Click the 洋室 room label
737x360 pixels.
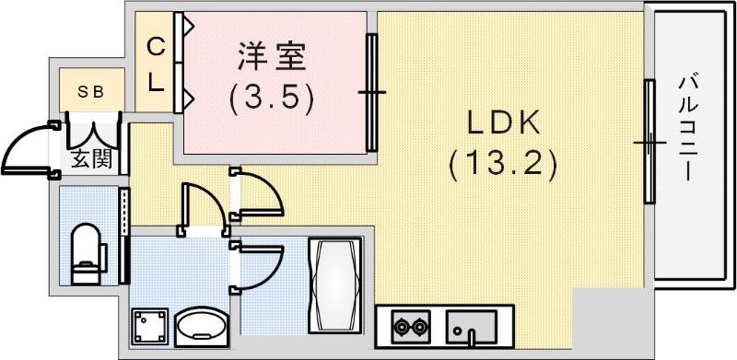coord(272,57)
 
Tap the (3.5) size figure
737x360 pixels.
coord(271,99)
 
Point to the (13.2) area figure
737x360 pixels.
coord(503,165)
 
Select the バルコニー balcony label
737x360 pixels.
coord(686,128)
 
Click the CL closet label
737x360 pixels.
coord(156,65)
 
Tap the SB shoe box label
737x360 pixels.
coord(89,93)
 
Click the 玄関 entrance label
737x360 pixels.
coord(92,160)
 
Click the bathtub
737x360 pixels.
coord(335,285)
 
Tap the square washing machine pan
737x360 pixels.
coord(149,326)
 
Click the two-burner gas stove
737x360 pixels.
coord(410,326)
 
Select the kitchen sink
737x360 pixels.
coord(472,326)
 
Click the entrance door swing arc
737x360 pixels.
coord(20,140)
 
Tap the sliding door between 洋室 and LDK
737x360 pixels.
coord(371,92)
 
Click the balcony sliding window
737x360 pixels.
coord(649,142)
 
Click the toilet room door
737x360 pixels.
coord(124,236)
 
